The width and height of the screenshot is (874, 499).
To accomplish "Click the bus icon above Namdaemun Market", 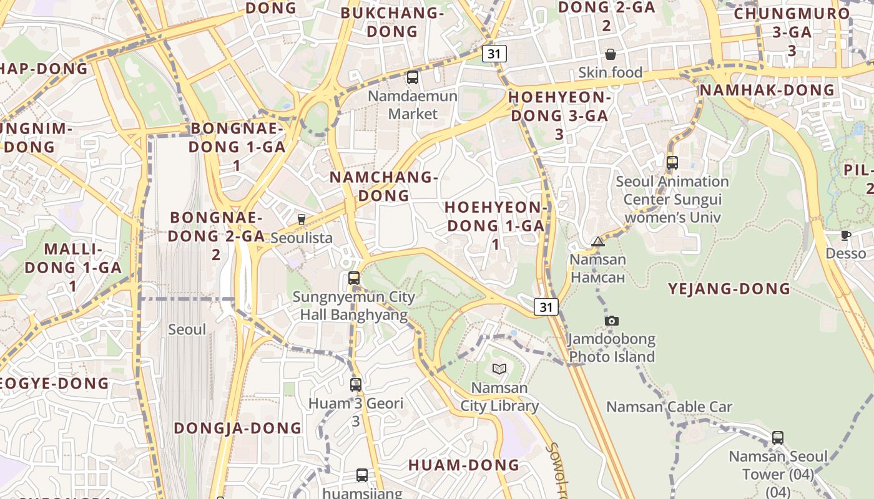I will pos(412,77).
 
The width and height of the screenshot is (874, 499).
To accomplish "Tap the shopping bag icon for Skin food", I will pos(611,54).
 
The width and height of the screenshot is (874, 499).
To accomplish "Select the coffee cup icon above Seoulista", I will pos(301,219).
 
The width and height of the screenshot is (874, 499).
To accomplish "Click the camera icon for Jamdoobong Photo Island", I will pos(612,321).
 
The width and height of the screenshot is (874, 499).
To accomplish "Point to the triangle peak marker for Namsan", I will pos(598,241).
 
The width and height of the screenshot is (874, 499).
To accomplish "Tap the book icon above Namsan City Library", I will pos(499,369).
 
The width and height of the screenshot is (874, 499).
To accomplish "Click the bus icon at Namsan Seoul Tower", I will pos(777,437).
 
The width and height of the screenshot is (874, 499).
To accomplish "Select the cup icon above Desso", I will pos(846,235).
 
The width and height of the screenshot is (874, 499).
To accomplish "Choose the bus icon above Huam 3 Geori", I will pos(356,385).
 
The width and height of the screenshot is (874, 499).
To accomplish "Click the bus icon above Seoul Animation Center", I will pos(672,163).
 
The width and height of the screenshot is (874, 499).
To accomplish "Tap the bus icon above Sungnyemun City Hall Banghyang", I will pos(354,278).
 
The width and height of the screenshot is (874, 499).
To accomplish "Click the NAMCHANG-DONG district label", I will pos(383,186).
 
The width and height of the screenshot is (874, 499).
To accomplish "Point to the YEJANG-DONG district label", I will pos(729,289).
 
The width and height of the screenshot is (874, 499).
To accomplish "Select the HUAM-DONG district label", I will pos(463,465).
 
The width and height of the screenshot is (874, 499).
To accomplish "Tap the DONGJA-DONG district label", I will pos(237,428).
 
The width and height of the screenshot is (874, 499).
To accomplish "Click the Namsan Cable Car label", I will pos(669,407).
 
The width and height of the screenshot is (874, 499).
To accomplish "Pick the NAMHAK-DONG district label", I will pos(767,90).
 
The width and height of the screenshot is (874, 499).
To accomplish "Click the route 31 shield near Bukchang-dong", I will pos(494,54).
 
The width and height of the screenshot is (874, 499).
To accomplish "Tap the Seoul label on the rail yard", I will pos(187,329).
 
